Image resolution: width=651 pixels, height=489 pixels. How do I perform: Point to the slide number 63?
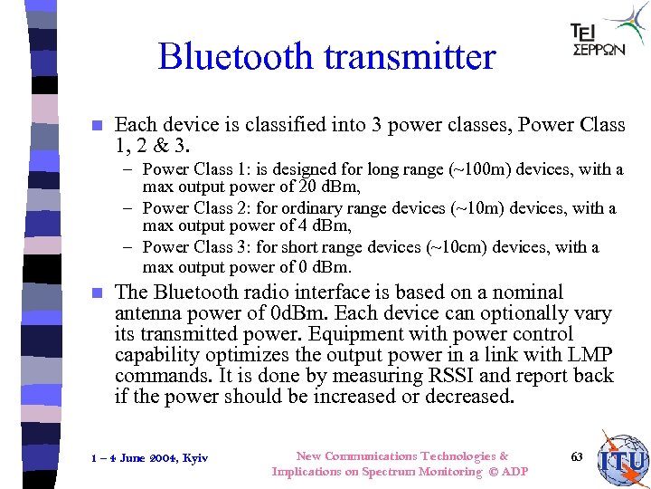577,456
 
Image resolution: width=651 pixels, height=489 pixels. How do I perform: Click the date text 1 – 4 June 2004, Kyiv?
149,458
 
